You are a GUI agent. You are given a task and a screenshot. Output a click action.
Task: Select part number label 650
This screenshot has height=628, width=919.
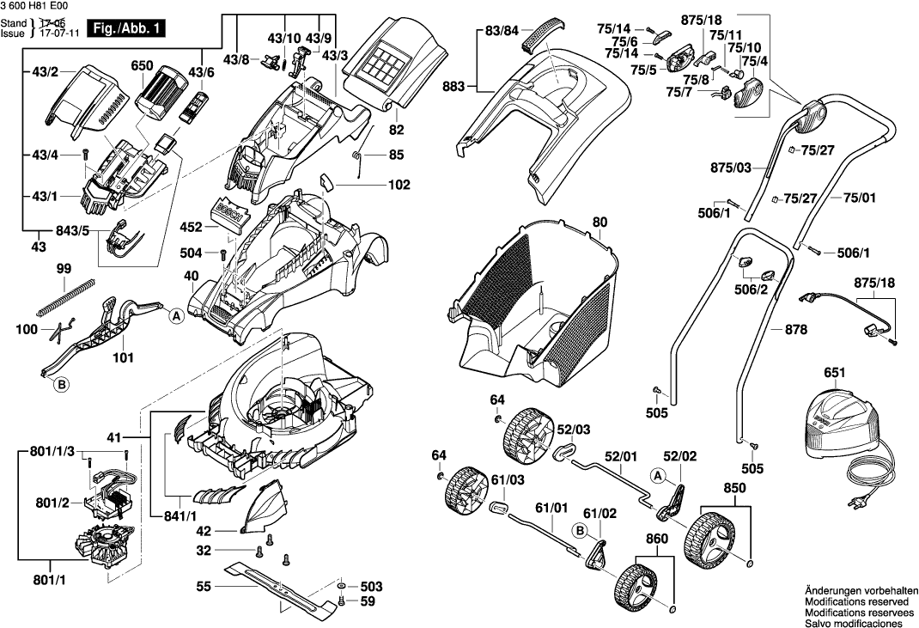[142, 65]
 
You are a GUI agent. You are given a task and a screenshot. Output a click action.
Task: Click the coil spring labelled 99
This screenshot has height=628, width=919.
[63, 292]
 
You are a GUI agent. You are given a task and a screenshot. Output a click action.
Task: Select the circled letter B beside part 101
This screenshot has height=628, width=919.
[62, 386]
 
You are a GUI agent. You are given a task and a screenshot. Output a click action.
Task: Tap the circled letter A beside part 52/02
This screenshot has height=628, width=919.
[658, 473]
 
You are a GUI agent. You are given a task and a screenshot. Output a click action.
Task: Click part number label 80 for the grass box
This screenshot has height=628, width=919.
[599, 223]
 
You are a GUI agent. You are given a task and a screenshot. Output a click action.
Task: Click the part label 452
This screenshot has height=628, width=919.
[192, 228]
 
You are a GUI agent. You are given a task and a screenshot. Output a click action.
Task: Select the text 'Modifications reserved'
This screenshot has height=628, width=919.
[855, 603]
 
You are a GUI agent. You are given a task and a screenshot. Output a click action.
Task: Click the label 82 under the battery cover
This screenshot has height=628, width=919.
[396, 131]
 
